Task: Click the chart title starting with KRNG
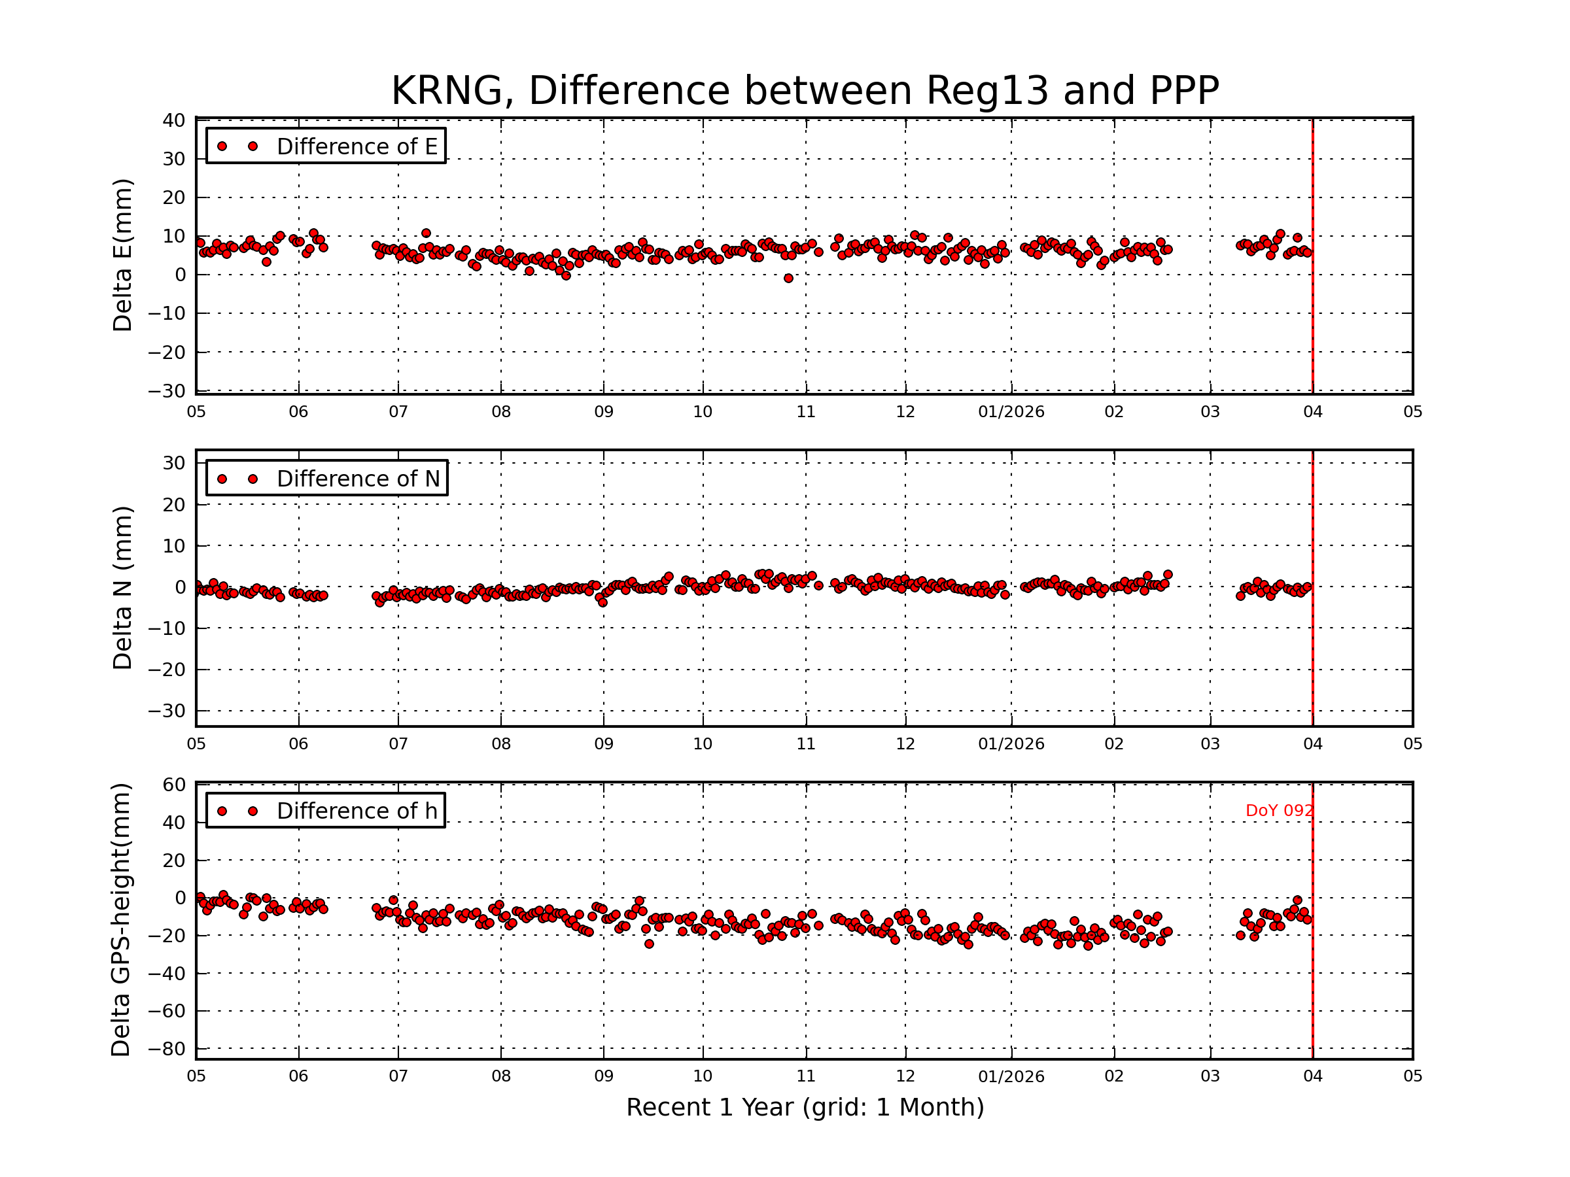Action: click(x=805, y=91)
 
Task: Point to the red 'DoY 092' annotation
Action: click(x=1279, y=811)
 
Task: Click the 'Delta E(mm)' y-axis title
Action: click(x=122, y=255)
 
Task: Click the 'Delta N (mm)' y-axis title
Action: click(x=122, y=587)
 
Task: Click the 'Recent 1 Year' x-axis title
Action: click(x=805, y=1108)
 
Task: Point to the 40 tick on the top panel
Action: click(x=174, y=120)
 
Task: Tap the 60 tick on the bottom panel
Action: click(x=174, y=785)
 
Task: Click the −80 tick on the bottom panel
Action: click(x=169, y=1049)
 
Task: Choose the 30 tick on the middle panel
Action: click(x=174, y=463)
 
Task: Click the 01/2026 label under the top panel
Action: click(x=1011, y=412)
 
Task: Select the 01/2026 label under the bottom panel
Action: click(x=1011, y=1076)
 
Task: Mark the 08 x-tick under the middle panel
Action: click(x=501, y=744)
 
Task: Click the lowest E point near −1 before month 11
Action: click(x=788, y=279)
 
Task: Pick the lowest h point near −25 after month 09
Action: click(x=649, y=944)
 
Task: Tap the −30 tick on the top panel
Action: click(x=167, y=391)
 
